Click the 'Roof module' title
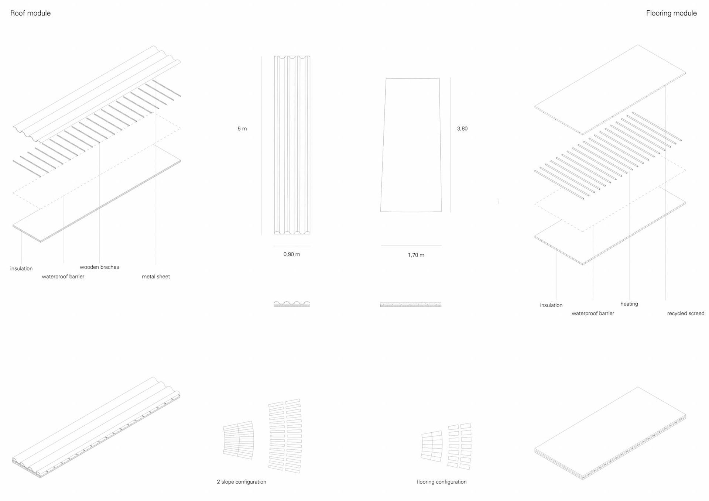coord(30,13)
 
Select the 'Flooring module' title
coord(671,13)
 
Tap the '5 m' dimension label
coord(242,128)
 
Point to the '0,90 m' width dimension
coord(291,254)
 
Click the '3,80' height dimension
coord(462,128)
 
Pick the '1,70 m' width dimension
coord(416,255)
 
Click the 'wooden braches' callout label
coord(99,267)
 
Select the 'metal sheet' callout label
coord(155,277)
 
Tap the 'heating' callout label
coord(629,304)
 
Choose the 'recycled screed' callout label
coord(685,313)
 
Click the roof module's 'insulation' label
coord(21,268)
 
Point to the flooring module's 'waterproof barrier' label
coord(593,313)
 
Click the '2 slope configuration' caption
coord(241,482)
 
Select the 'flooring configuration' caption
coord(441,482)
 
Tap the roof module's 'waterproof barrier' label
coord(63,277)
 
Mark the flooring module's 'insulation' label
coord(551,305)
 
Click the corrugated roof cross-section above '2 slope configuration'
coord(292,304)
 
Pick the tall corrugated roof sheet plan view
coord(292,145)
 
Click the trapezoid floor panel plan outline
coord(411,145)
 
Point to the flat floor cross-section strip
coord(411,305)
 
